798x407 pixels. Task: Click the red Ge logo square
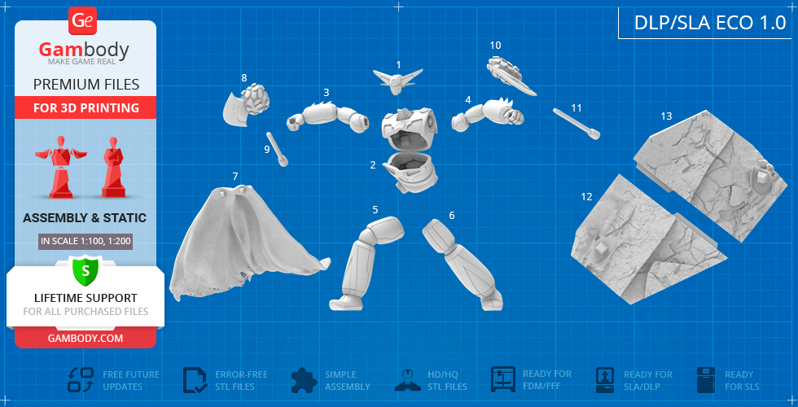pyautogui.click(x=82, y=21)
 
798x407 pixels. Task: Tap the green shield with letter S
pyautogui.click(x=85, y=270)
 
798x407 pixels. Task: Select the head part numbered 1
pyautogui.click(x=398, y=81)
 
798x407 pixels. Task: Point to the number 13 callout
pyautogui.click(x=666, y=116)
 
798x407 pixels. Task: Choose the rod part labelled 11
pyautogui.click(x=577, y=123)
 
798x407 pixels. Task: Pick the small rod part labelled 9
pyautogui.click(x=276, y=149)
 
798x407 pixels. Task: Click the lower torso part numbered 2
pyautogui.click(x=410, y=173)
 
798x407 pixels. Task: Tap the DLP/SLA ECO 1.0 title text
pyautogui.click(x=710, y=24)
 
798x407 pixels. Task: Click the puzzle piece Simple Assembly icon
pyautogui.click(x=305, y=380)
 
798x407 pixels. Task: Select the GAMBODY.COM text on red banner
pyautogui.click(x=85, y=338)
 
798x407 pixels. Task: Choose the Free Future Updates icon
pyautogui.click(x=81, y=380)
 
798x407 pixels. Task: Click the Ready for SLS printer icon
pyautogui.click(x=707, y=380)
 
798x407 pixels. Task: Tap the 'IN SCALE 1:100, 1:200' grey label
pyautogui.click(x=85, y=241)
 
